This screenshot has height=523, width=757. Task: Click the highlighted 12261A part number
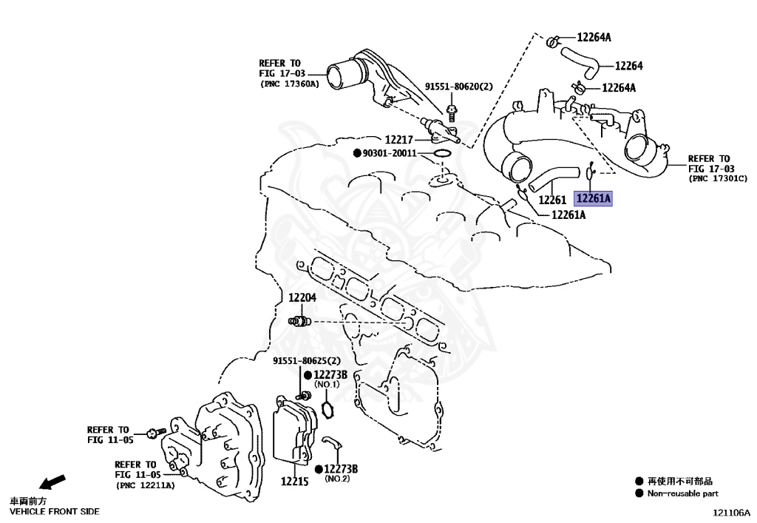[x=594, y=199]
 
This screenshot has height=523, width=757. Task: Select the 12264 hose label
[x=628, y=66]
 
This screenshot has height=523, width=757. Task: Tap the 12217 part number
[x=399, y=139]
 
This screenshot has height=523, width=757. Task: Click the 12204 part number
[x=302, y=297]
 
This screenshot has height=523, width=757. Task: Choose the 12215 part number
[x=293, y=482]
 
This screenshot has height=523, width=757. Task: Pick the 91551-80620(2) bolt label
[x=458, y=87]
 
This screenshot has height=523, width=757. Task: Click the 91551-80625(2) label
[x=306, y=361]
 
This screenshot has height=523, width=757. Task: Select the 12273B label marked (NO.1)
[x=330, y=376]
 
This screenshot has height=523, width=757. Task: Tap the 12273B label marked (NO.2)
[x=341, y=469]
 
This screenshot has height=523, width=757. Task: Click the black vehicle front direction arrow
[x=52, y=484]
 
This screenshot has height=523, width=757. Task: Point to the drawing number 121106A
[x=731, y=512]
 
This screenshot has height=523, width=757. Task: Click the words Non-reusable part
[x=682, y=493]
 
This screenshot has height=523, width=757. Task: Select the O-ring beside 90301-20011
[x=443, y=154]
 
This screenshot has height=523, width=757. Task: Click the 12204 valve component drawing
[x=299, y=321]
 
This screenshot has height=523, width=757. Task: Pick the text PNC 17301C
[x=719, y=179]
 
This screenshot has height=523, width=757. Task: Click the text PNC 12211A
[x=145, y=485]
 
